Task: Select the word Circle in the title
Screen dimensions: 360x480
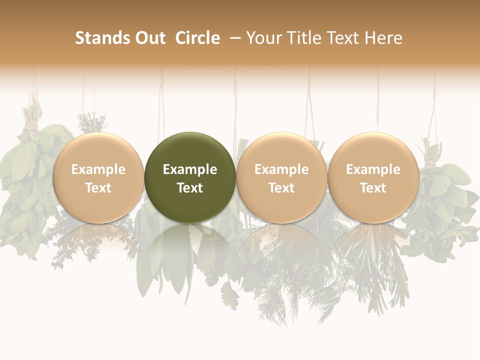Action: point(197,38)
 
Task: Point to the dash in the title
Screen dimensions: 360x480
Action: point(235,38)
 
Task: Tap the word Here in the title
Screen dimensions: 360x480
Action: point(384,38)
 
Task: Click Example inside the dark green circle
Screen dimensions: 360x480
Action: point(190,169)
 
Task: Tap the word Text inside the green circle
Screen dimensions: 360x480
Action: point(190,188)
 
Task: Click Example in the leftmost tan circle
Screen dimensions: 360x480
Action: point(98,169)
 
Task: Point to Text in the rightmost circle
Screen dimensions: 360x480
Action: point(373,188)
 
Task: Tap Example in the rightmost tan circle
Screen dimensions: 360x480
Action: point(373,169)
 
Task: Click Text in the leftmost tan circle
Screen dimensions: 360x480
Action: point(98,188)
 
